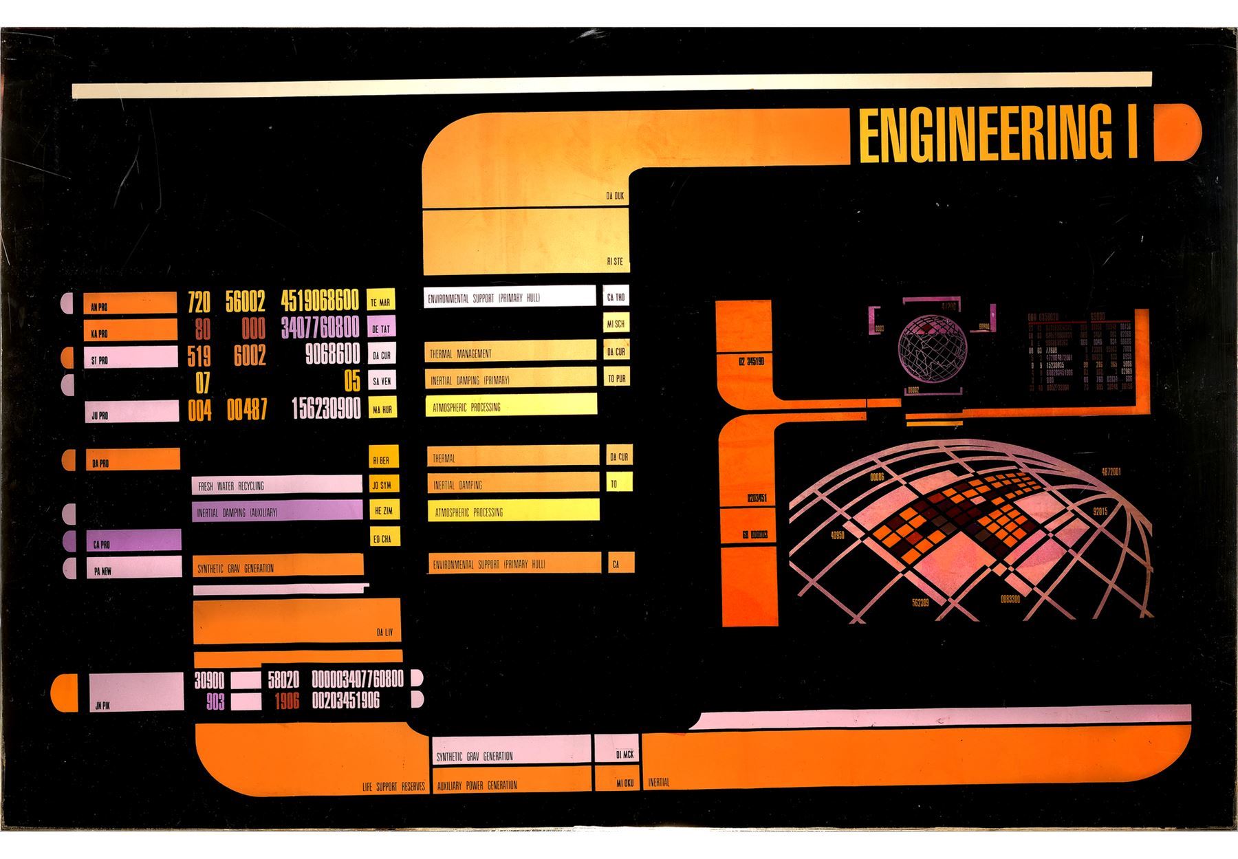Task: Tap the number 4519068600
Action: point(319,301)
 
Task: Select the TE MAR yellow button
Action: point(381,301)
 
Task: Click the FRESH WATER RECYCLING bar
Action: point(276,485)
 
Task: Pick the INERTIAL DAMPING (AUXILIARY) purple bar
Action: point(276,512)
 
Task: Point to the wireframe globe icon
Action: point(932,349)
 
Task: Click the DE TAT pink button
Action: point(381,328)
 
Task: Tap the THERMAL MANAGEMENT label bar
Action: point(510,353)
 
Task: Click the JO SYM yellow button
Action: point(381,485)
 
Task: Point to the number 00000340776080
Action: point(358,679)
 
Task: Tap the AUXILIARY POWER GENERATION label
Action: point(477,785)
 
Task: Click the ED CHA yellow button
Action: point(381,539)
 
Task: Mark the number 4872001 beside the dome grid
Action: point(1111,472)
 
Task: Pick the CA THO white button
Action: point(615,297)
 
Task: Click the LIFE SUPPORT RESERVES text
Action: point(393,786)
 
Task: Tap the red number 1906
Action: point(287,702)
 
